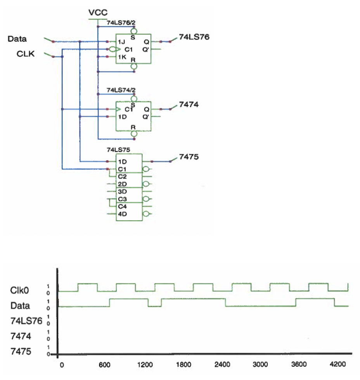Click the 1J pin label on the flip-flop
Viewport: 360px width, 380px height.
pyautogui.click(x=121, y=41)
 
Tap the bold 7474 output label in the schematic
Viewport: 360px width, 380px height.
pyautogui.click(x=189, y=105)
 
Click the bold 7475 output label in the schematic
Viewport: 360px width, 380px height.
pyautogui.click(x=189, y=157)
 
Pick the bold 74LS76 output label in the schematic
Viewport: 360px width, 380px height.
pyautogui.click(x=194, y=37)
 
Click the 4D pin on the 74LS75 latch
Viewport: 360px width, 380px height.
pyautogui.click(x=122, y=214)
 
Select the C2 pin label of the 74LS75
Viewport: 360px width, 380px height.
pyautogui.click(x=122, y=176)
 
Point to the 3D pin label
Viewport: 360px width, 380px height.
pyautogui.click(x=122, y=192)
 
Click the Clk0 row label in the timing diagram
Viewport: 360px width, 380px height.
pyautogui.click(x=19, y=290)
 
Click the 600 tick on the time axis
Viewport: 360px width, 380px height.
pyautogui.click(x=103, y=365)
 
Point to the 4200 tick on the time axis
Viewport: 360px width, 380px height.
pyautogui.click(x=336, y=365)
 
